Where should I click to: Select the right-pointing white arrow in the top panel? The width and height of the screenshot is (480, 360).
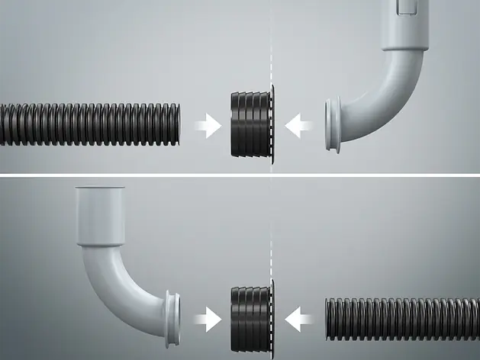pos(207,125)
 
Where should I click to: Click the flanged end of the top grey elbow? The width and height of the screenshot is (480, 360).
pos(332,124)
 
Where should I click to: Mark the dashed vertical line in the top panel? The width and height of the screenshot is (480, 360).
pos(272,46)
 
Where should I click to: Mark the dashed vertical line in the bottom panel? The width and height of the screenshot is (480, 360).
pos(272,229)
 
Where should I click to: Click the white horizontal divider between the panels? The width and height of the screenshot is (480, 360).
pos(240,176)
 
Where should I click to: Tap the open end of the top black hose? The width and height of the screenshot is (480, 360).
pos(177,124)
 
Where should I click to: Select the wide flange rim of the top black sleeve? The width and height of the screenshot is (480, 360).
pos(267,124)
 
